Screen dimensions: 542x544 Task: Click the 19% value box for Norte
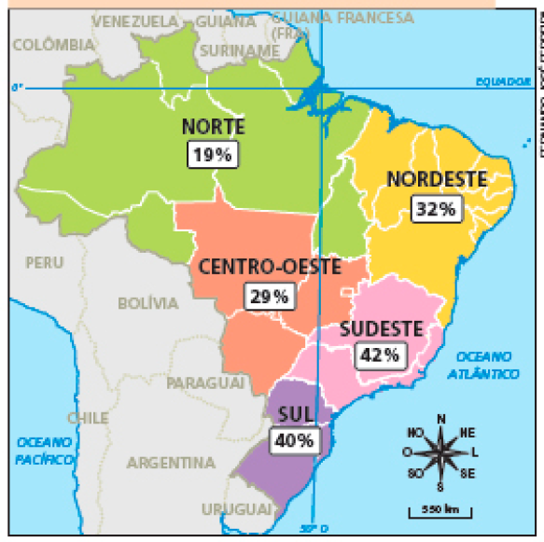[213, 155]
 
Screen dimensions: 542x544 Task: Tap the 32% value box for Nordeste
[436, 210]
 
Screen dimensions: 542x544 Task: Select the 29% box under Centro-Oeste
[270, 298]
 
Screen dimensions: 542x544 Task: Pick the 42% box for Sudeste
[380, 354]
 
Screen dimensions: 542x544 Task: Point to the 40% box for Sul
[292, 440]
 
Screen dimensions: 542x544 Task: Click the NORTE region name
[214, 127]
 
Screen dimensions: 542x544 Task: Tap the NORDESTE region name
[437, 179]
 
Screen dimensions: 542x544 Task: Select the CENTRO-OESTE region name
[269, 267]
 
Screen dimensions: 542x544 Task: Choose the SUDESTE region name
[381, 327]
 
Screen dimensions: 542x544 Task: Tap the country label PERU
[45, 263]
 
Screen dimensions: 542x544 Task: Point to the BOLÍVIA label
[147, 303]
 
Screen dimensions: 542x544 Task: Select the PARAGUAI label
[205, 383]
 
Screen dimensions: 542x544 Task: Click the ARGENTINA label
[171, 463]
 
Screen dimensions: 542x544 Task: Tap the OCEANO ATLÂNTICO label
[487, 365]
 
